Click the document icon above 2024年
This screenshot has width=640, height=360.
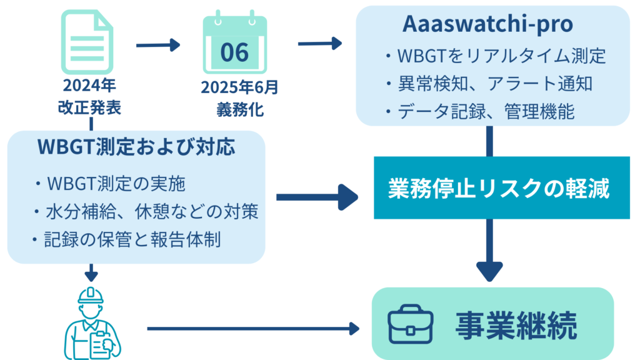coord(87,42)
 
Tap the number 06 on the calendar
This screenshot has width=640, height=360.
coord(234,52)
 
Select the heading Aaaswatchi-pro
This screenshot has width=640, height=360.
coord(487,24)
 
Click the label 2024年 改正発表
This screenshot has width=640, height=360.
coord(89,96)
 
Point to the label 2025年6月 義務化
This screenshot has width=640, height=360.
coord(239,98)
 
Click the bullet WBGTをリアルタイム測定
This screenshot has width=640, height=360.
coord(496,56)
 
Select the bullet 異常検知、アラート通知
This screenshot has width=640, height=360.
coord(489,84)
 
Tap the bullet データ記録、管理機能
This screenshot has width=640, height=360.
coord(480,111)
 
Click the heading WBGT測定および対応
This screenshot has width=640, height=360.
coord(136,147)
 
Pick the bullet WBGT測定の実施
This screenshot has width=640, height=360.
coord(110,184)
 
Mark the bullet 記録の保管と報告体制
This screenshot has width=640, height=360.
coord(126,239)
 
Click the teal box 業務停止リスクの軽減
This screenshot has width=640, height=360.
coord(502,187)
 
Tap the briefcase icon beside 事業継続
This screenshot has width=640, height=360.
coord(410,324)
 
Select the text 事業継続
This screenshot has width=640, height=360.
coord(516,325)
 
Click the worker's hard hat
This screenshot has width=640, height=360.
coord(91,296)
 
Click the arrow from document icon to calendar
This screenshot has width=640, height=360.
coord(158,45)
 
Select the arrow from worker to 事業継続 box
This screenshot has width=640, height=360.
coord(253,328)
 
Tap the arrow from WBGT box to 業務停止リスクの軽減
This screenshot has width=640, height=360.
coord(317,197)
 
